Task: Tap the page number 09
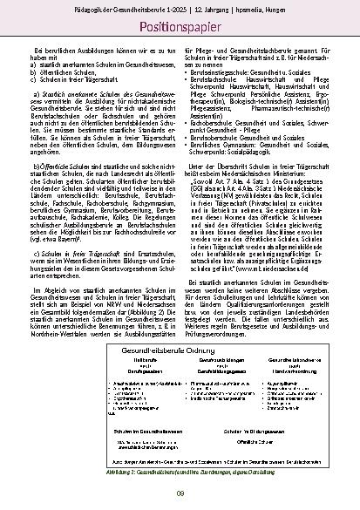(x=180, y=494)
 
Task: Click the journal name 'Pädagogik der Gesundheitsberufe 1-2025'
(x=143, y=9)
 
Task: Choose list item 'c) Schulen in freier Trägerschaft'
(x=73, y=78)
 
